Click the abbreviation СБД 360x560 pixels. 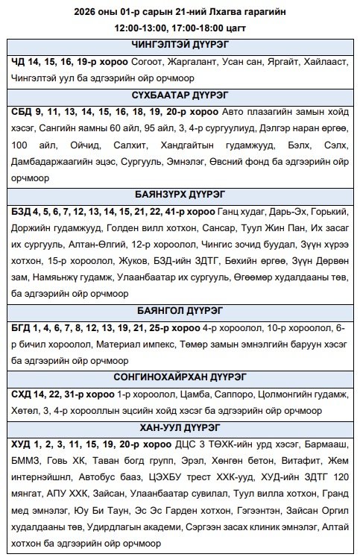pyautogui.click(x=22, y=111)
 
